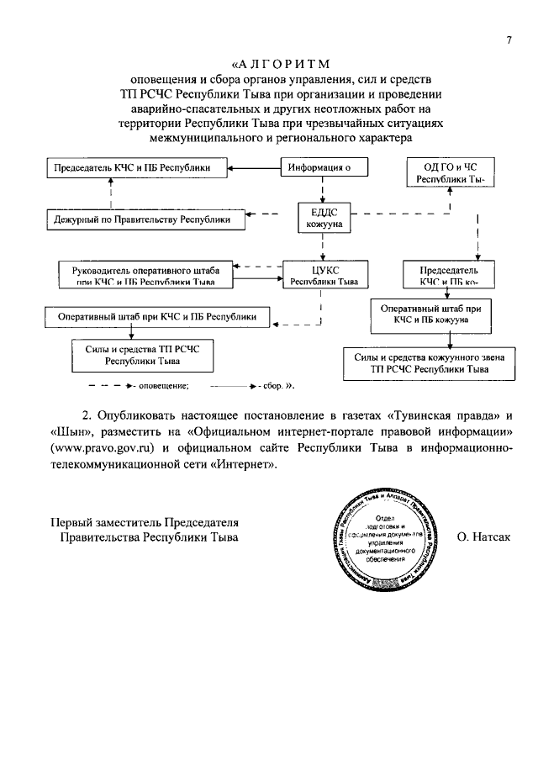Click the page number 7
[509, 40]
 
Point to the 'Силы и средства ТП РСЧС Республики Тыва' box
[142, 353]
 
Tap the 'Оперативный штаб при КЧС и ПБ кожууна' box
[429, 314]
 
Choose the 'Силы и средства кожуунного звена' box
[430, 362]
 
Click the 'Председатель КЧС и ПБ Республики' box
[139, 168]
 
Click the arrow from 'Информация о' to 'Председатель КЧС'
[256, 168]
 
